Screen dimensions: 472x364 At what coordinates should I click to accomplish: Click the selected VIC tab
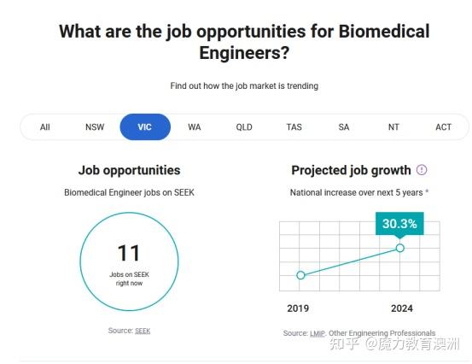coord(145,126)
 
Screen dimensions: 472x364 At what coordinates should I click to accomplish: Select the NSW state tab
coord(95,127)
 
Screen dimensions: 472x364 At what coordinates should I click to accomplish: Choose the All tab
coord(45,127)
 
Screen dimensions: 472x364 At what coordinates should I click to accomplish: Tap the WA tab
coord(195,127)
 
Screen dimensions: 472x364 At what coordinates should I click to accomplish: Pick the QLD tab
coord(244,127)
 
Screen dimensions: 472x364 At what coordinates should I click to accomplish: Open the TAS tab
coord(294,127)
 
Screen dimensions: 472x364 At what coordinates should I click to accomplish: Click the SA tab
coord(344,127)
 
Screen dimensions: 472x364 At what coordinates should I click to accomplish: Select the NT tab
coord(393,127)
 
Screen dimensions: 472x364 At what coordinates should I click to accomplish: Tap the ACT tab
coord(443,127)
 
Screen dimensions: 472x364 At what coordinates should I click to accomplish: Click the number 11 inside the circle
coord(129,253)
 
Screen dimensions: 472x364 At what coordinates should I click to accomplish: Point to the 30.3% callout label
coord(399,224)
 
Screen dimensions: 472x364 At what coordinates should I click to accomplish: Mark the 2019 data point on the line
coord(300,275)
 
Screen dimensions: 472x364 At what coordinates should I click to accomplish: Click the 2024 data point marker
coord(400,248)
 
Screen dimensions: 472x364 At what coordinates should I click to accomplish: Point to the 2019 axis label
coord(298,308)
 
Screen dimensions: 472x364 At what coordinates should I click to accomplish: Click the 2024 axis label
coord(402,308)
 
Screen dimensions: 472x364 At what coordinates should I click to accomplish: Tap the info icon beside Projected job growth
coord(422,170)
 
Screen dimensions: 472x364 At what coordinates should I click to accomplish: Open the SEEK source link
coord(143,331)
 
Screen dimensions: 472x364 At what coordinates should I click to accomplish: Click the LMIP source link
coord(318,333)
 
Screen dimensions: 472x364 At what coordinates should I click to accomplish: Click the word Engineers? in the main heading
coord(244,53)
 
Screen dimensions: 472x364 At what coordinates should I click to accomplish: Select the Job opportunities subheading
coord(130,171)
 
